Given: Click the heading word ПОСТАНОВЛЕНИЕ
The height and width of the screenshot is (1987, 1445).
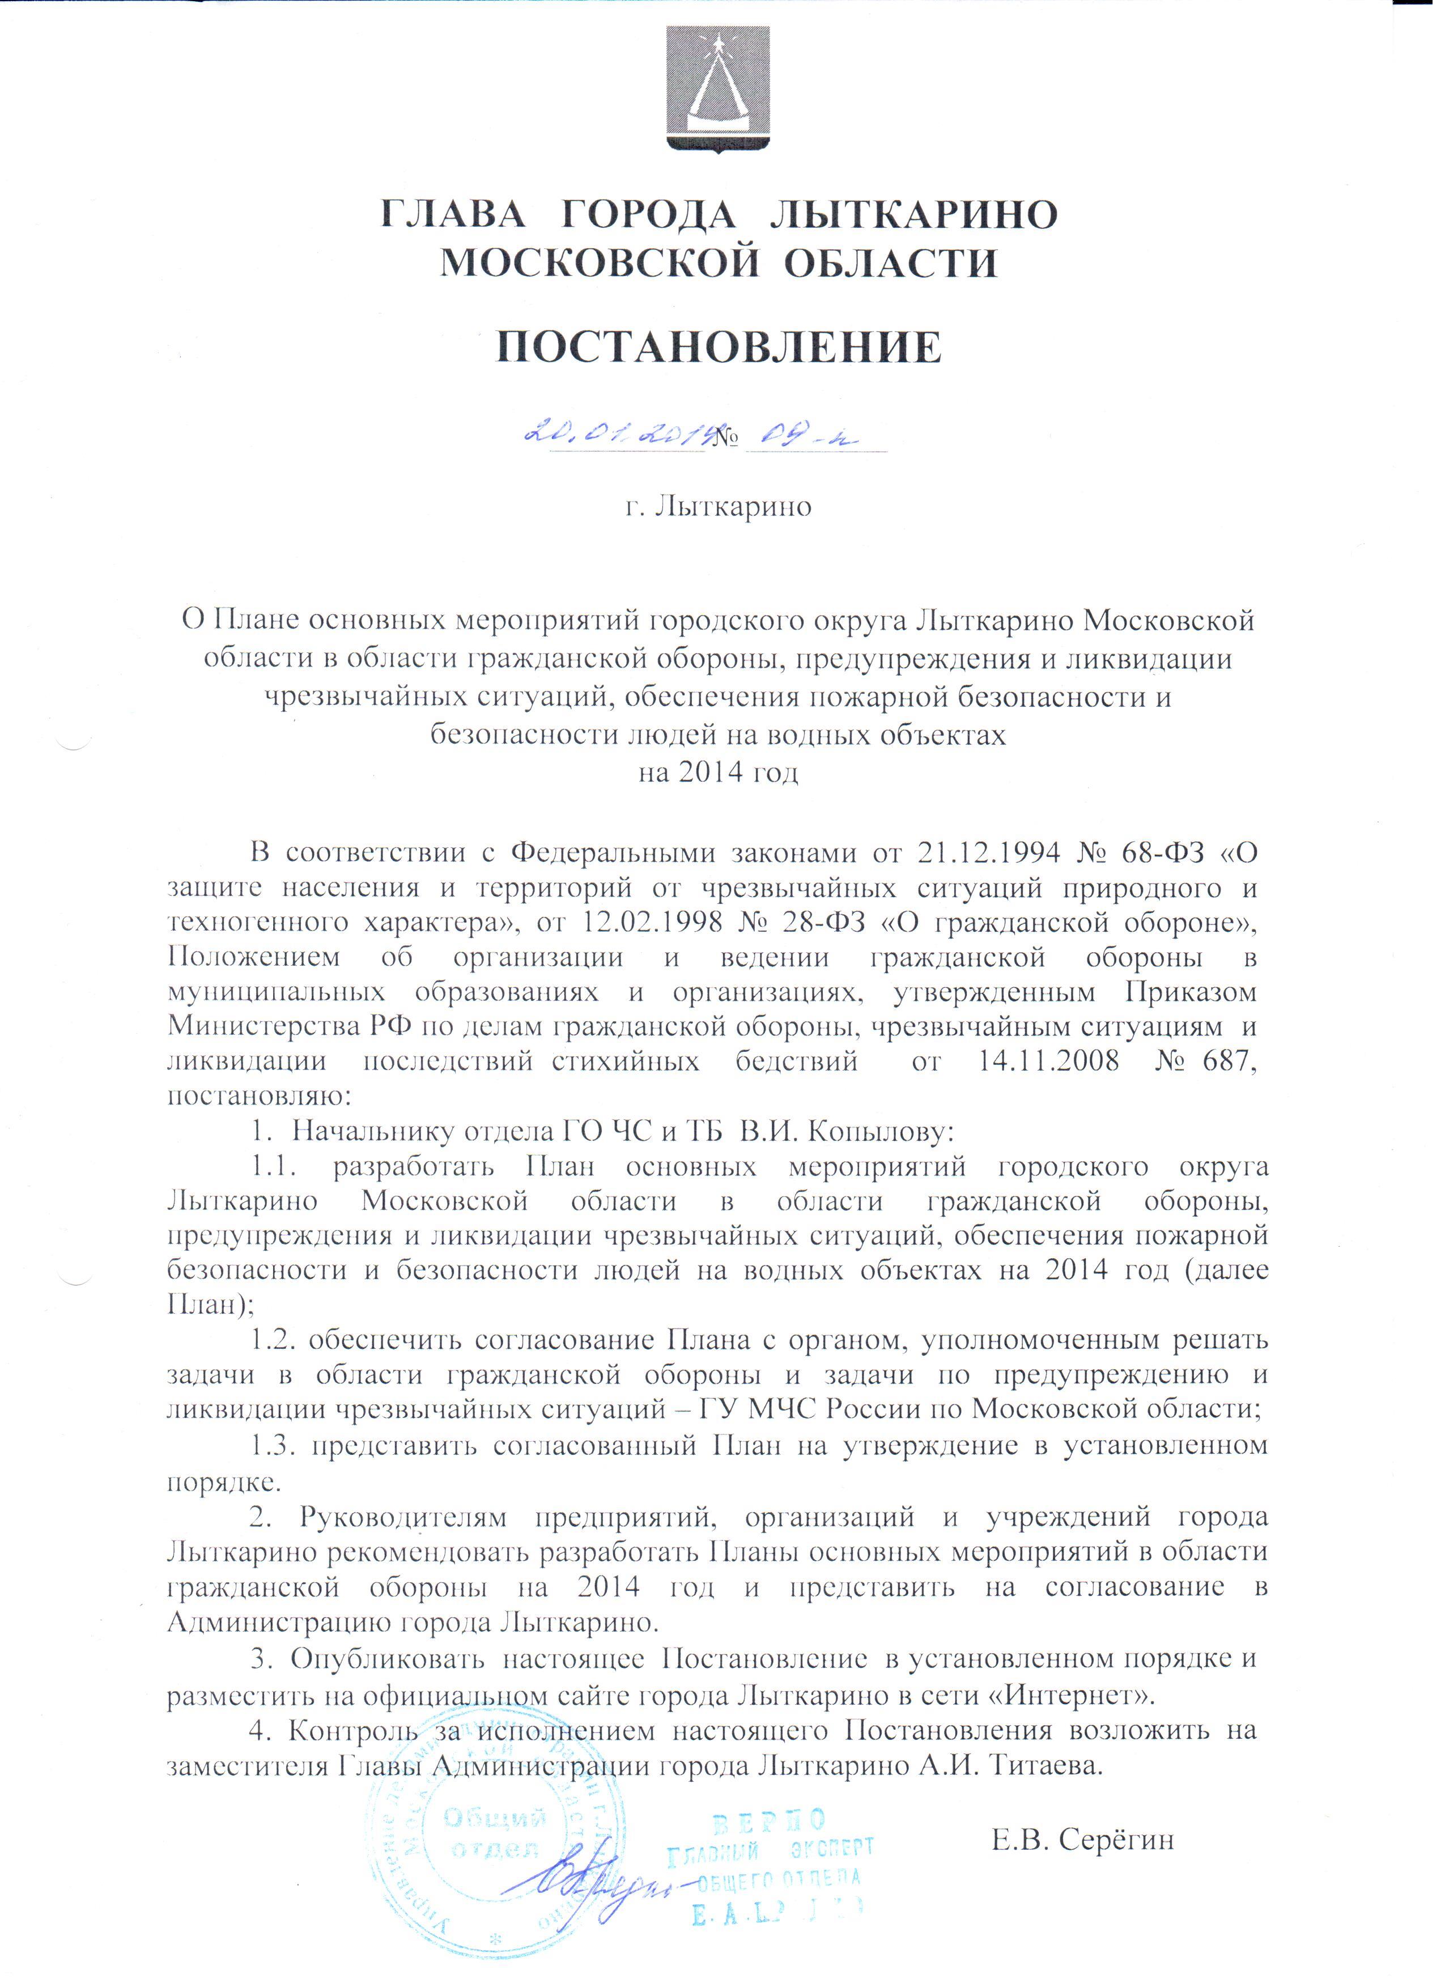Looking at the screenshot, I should pos(719,348).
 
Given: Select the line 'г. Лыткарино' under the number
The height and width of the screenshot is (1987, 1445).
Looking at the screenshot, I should pos(718,507).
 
